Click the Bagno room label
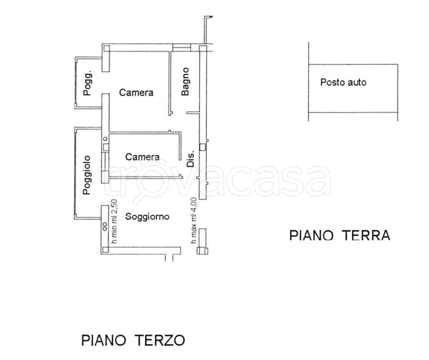[185, 82]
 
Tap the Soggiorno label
[147, 217]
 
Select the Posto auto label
[343, 82]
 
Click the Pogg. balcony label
[88, 84]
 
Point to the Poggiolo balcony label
[88, 175]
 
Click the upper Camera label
[136, 93]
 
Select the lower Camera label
[142, 157]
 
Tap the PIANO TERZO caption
[133, 340]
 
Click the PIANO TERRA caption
[340, 235]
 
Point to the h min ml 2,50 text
[113, 222]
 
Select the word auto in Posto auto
[357, 82]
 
